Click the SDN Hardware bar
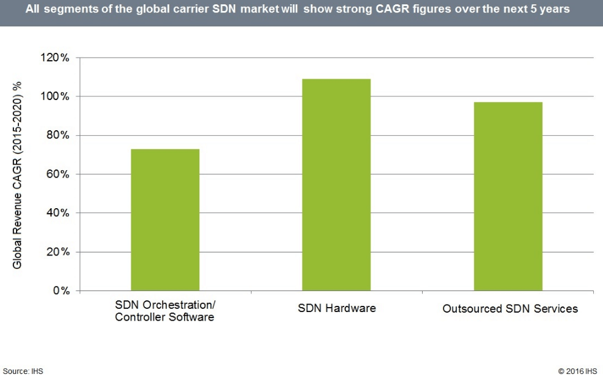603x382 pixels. [x=336, y=184]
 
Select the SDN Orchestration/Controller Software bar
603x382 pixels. [x=165, y=219]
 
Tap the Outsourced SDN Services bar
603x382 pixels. [x=508, y=196]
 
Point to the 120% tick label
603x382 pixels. [x=56, y=58]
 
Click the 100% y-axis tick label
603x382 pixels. [x=56, y=96]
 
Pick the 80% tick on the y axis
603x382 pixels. [x=58, y=136]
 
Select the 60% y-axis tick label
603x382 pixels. [x=58, y=174]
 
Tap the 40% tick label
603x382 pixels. [x=58, y=213]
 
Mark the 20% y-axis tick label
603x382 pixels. [x=58, y=252]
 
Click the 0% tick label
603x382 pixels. [x=61, y=290]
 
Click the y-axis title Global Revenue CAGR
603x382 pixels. [x=18, y=174]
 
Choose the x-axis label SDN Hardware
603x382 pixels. [x=336, y=308]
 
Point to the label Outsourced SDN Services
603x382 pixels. [x=510, y=309]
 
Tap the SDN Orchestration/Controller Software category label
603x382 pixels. [x=165, y=311]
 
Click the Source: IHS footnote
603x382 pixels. [x=23, y=372]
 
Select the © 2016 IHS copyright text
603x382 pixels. [x=577, y=372]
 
